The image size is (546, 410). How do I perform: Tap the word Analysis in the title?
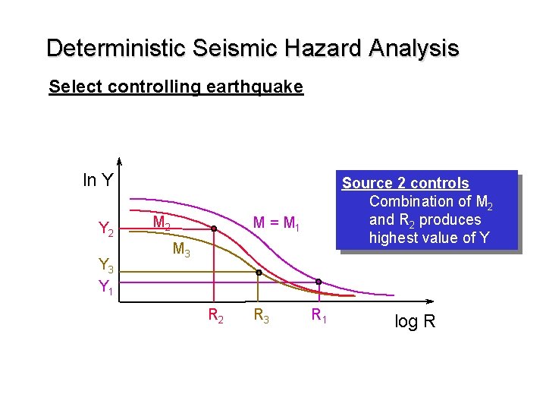pyautogui.click(x=414, y=49)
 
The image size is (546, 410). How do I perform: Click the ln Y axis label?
pyautogui.click(x=99, y=180)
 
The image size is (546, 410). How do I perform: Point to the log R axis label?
pyautogui.click(x=415, y=321)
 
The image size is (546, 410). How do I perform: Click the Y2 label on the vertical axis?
pyautogui.click(x=106, y=229)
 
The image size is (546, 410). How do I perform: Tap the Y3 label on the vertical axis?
pyautogui.click(x=106, y=265)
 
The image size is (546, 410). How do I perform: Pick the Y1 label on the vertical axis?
pyautogui.click(x=106, y=287)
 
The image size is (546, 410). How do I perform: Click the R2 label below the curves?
pyautogui.click(x=216, y=314)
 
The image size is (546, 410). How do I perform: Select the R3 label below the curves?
pyautogui.click(x=261, y=314)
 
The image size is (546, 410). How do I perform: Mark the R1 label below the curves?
pyautogui.click(x=318, y=314)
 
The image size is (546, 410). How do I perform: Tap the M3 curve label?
pyautogui.click(x=181, y=248)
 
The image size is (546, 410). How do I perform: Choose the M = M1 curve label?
pyautogui.click(x=277, y=222)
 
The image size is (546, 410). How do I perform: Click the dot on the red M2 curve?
pyautogui.click(x=214, y=229)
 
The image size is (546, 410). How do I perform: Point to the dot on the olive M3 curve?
pyautogui.click(x=259, y=273)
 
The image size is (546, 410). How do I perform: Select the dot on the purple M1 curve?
pyautogui.click(x=318, y=282)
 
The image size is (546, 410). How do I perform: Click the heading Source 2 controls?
pyautogui.click(x=406, y=183)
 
